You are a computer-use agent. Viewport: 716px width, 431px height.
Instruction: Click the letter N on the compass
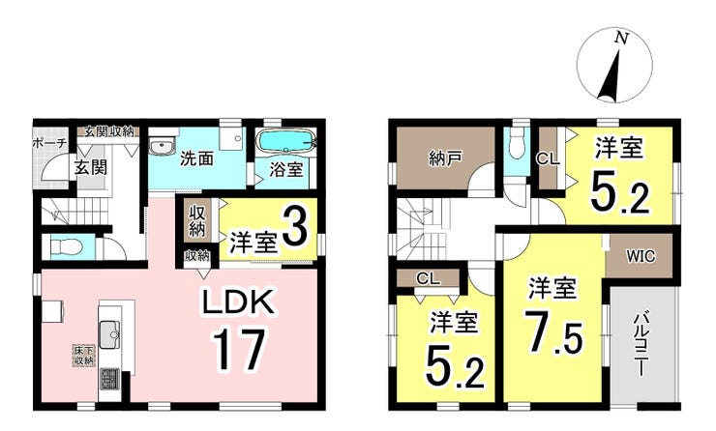click(x=620, y=38)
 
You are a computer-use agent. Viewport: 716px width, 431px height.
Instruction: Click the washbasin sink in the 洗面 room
click(x=163, y=147)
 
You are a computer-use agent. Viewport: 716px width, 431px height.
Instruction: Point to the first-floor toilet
click(x=66, y=246)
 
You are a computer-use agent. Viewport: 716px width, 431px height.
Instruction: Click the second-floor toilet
click(x=518, y=143)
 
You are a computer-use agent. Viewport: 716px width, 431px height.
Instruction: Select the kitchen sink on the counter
click(x=109, y=334)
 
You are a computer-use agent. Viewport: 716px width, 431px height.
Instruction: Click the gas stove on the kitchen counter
click(x=108, y=378)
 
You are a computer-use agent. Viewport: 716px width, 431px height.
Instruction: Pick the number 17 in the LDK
click(x=238, y=350)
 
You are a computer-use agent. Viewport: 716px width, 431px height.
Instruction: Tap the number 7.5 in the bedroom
click(x=553, y=332)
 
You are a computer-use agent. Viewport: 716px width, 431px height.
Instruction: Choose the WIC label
click(x=641, y=256)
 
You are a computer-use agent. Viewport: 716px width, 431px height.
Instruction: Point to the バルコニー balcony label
click(x=641, y=343)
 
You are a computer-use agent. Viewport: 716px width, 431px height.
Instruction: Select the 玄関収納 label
click(x=108, y=131)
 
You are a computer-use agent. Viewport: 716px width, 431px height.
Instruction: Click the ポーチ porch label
click(x=49, y=143)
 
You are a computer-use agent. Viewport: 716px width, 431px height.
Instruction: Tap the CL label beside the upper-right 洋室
click(x=548, y=159)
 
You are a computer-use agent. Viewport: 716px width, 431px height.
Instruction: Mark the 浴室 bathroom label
click(x=285, y=170)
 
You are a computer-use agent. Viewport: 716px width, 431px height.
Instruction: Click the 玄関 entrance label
click(x=91, y=167)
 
